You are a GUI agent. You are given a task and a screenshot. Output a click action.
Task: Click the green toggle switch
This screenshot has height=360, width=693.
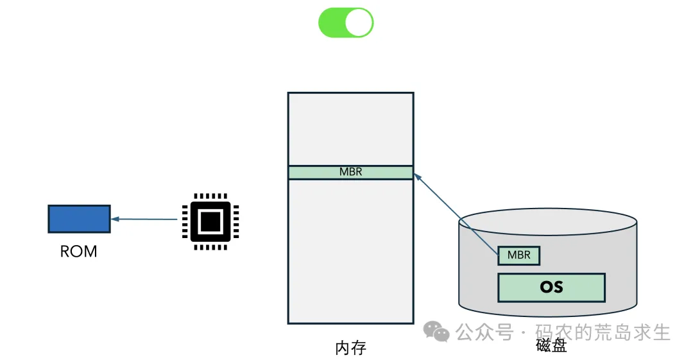click(345, 23)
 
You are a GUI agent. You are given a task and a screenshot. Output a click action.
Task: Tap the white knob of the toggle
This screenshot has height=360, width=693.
click(359, 23)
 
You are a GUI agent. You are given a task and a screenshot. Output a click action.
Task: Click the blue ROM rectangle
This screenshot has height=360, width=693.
click(79, 219)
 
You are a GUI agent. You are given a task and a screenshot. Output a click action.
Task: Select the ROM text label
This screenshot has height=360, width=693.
click(79, 252)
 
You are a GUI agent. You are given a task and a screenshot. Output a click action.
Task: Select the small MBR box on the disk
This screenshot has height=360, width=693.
click(518, 255)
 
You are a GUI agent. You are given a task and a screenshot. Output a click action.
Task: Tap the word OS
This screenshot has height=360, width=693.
click(551, 287)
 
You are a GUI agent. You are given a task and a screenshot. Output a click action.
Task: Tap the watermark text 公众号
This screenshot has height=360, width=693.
click(484, 332)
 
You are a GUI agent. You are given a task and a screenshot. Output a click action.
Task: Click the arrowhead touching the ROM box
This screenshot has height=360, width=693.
click(114, 219)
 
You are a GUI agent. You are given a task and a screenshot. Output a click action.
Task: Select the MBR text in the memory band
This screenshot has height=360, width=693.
click(350, 172)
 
